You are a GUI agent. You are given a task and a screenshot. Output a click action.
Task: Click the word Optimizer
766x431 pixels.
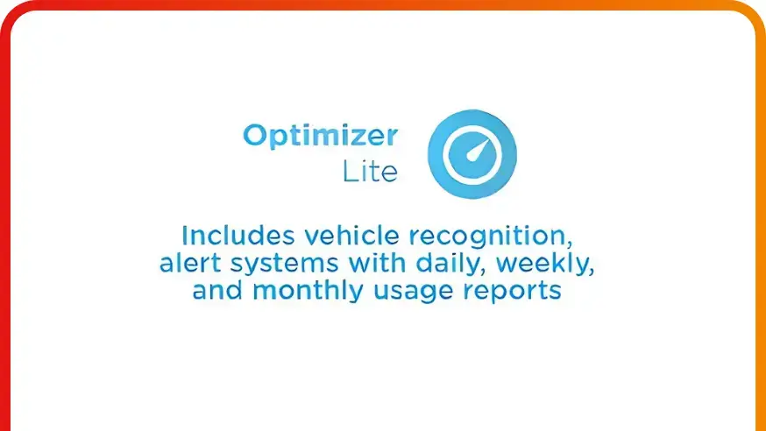coord(320,137)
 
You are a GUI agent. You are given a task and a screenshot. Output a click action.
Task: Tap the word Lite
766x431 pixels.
coord(370,172)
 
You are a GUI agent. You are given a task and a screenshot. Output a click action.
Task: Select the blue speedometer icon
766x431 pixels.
coord(472,154)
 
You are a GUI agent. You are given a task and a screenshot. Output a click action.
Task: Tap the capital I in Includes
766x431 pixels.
coord(184,236)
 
